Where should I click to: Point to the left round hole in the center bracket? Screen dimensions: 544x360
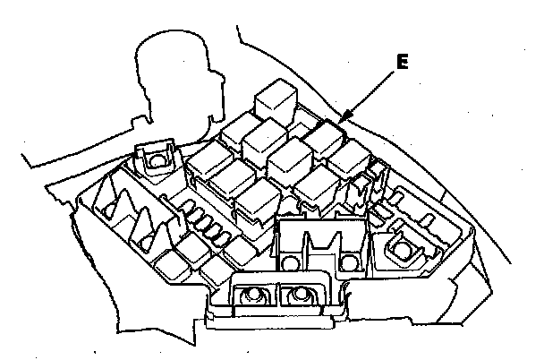point(291,261)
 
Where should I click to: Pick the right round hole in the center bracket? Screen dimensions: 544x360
point(350,261)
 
